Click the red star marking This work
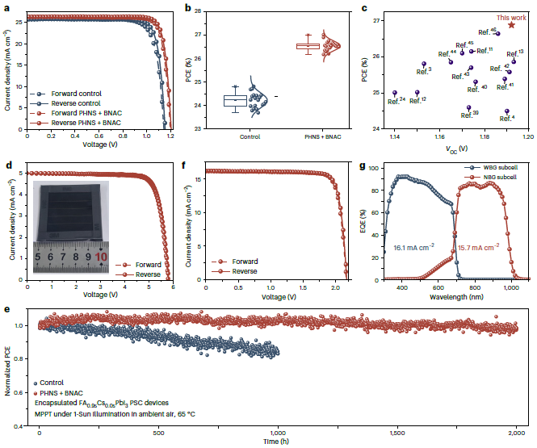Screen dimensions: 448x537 click(511, 26)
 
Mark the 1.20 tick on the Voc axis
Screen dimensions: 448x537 click(527, 136)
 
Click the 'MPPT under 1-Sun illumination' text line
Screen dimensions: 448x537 click(115, 413)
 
